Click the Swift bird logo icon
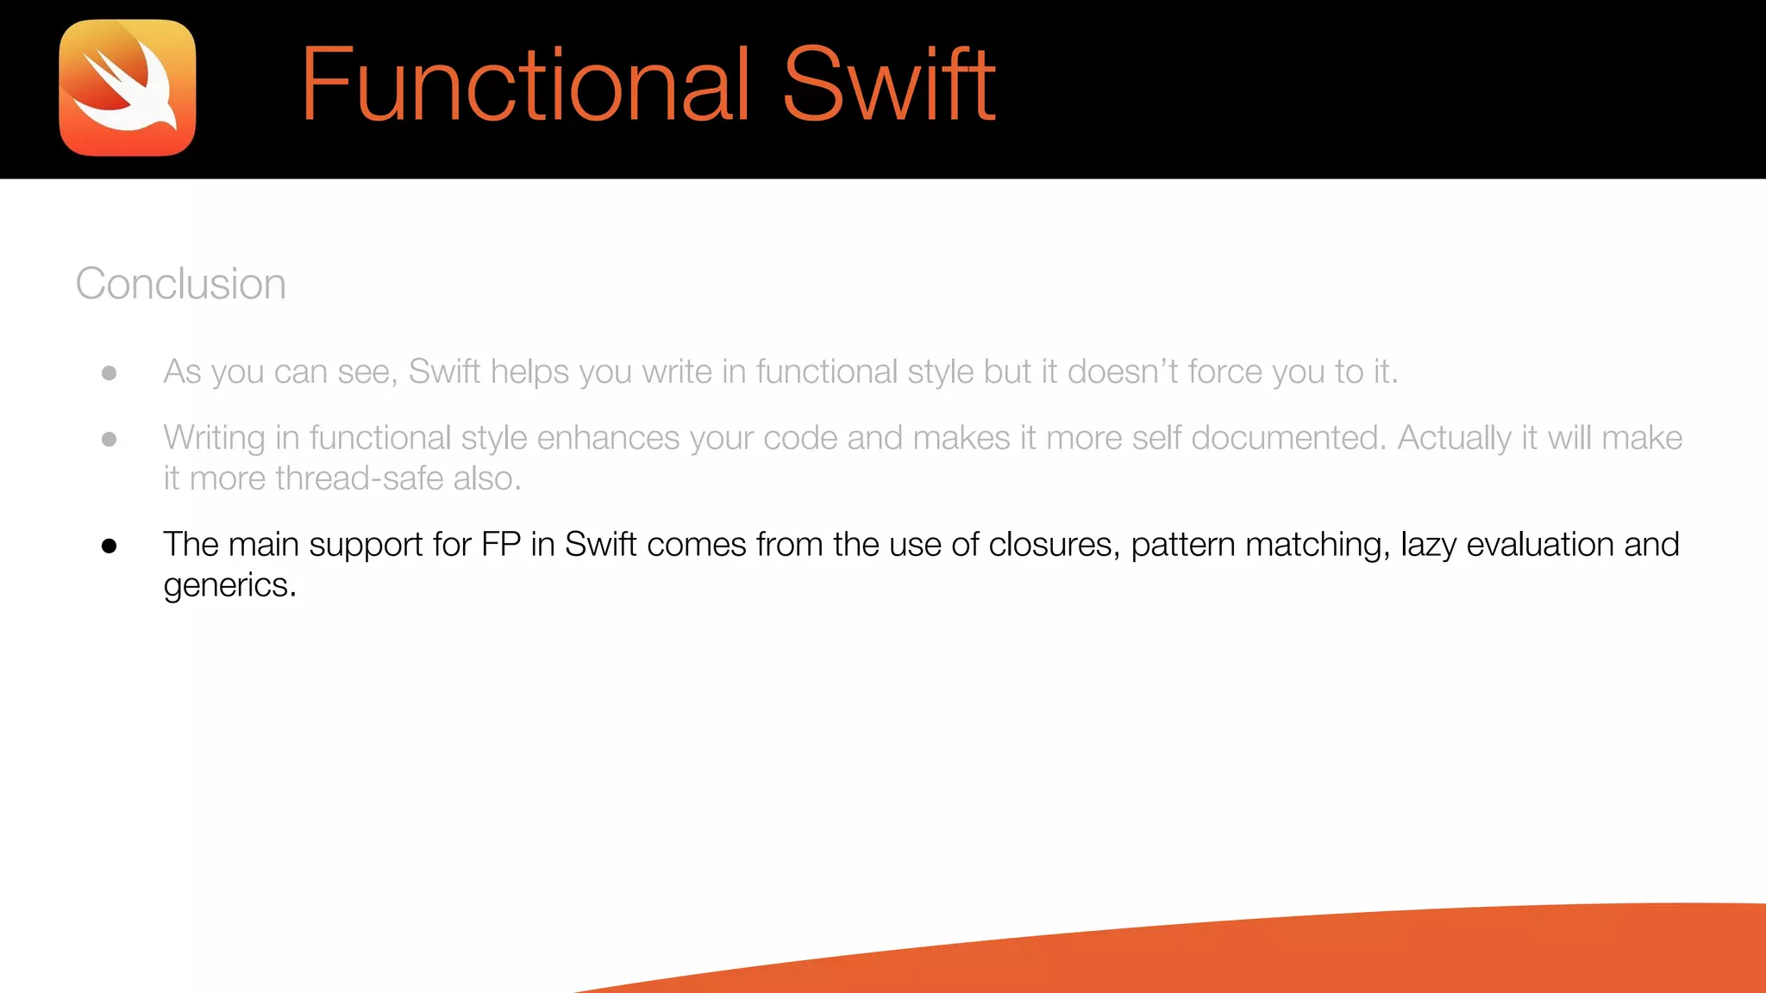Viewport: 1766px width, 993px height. coord(128,88)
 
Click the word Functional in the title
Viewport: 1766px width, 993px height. coord(525,84)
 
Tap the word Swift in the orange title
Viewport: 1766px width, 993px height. coord(889,84)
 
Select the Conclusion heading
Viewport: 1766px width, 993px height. coord(180,284)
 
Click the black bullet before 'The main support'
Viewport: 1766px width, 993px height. coord(109,546)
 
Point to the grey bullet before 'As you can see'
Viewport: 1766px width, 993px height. coord(109,373)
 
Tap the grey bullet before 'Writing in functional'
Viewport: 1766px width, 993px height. coord(109,440)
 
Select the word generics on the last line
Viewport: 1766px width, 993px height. coord(229,586)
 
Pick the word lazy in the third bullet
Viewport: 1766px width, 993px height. coord(1428,545)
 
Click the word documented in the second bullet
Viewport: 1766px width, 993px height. coord(1288,438)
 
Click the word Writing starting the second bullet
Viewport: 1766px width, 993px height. coord(214,439)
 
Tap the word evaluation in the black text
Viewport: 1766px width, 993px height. coord(1540,545)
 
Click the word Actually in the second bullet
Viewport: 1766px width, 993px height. coord(1454,438)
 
